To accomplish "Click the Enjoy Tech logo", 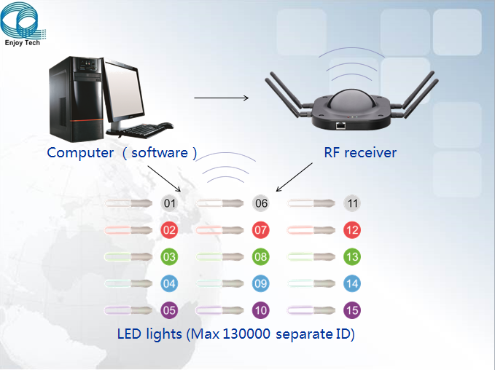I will pos(23,23).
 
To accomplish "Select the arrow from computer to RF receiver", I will pos(221,98).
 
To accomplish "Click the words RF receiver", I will pos(360,152).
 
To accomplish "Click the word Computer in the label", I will pos(80,152).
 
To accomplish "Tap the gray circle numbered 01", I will pos(169,203).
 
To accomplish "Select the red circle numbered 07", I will pos(260,230).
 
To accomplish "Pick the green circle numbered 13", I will pos(352,256).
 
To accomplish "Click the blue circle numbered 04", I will pos(169,283).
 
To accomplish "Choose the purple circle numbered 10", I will pos(260,310).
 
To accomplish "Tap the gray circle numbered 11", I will pos(352,203).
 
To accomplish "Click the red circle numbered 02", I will pos(169,230).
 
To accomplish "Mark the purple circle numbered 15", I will pos(352,310).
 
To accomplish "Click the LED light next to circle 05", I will pos(130,310).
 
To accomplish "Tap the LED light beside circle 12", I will pos(313,230).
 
